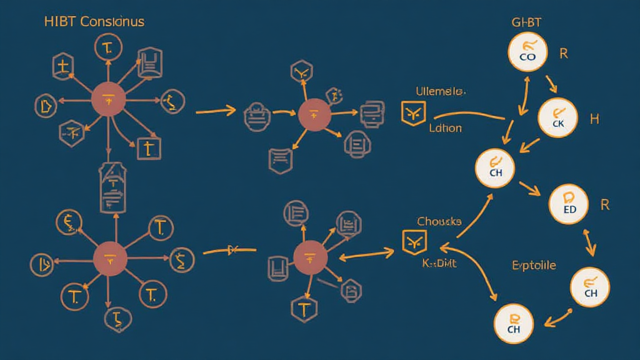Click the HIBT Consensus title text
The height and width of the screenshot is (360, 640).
pos(94,21)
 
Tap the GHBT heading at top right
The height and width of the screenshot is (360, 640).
pos(526,22)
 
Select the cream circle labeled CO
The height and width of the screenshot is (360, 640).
pos(527,52)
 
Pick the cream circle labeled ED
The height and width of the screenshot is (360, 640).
pos(569,205)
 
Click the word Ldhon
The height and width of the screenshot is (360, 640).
pos(446,128)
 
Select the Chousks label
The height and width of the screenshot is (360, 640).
pos(439,222)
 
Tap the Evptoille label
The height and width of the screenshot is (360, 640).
pos(533,265)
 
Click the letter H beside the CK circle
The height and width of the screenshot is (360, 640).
pos(594,119)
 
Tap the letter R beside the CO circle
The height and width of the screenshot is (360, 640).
pos(564,54)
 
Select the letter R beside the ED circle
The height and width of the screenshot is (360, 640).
pos(604,205)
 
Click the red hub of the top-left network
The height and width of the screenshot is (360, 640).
pos(108,99)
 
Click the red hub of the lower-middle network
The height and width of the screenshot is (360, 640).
pos(311,258)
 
